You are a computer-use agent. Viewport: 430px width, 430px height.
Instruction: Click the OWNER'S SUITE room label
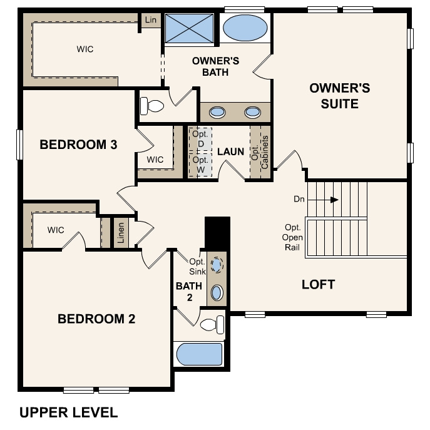pyautogui.click(x=339, y=96)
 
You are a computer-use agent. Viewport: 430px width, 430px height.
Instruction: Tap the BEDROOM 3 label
pyautogui.click(x=78, y=145)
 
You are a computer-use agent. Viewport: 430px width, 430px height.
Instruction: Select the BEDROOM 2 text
pyautogui.click(x=96, y=319)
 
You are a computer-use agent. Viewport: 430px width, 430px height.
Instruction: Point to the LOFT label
pyautogui.click(x=318, y=284)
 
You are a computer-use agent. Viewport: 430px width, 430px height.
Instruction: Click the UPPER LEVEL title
pyautogui.click(x=68, y=412)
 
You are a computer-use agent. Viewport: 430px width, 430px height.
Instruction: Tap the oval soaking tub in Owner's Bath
pyautogui.click(x=244, y=28)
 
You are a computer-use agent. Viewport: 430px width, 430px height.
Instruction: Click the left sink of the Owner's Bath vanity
pyautogui.click(x=217, y=112)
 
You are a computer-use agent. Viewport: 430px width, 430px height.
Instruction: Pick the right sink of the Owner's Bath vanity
pyautogui.click(x=252, y=112)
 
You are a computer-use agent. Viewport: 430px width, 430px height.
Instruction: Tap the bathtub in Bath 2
pyautogui.click(x=199, y=354)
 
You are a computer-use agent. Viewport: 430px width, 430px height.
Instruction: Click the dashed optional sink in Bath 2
pyautogui.click(x=217, y=265)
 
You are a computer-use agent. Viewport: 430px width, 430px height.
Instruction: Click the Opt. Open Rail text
pyautogui.click(x=294, y=237)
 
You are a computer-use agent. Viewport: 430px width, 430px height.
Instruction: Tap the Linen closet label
pyautogui.click(x=121, y=233)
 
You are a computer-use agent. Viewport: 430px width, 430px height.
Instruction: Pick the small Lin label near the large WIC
pyautogui.click(x=150, y=20)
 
